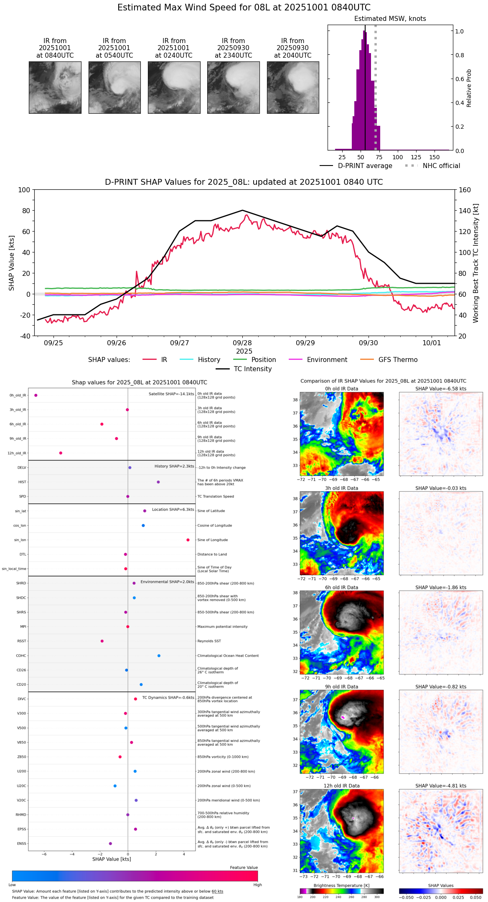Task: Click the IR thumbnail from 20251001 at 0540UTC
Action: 114,87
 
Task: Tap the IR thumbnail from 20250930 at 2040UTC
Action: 293,87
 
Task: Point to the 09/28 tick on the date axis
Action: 242,343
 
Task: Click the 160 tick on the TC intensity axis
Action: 465,190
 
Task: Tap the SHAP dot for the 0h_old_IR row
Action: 36,395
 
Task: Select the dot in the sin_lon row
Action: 188,540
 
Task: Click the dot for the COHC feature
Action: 159,655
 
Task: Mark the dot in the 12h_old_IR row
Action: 61,453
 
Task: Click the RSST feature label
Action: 21,641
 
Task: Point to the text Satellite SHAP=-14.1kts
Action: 171,394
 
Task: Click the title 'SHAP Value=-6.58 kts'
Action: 441,389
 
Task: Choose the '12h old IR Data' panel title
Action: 341,786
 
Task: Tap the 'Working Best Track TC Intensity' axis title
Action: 476,263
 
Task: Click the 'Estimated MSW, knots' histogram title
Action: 390,19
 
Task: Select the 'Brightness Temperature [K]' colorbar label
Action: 341,885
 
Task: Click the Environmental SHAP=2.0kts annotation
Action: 167,582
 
